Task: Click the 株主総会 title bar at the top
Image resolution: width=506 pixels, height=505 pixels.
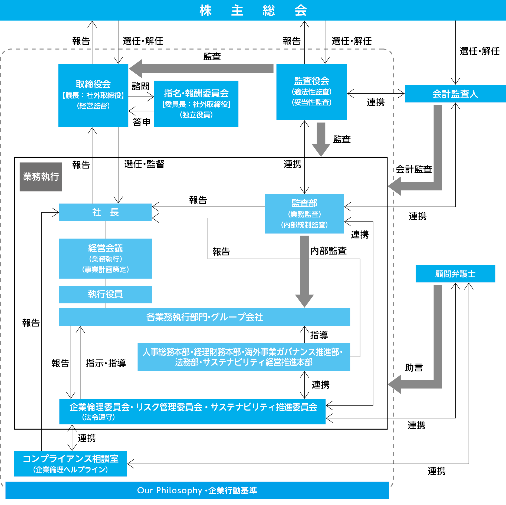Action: (253, 10)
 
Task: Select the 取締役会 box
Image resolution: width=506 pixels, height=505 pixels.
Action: (93, 95)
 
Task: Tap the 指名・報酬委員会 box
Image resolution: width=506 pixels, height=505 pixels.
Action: (196, 104)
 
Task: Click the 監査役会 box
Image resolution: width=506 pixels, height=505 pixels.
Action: (311, 92)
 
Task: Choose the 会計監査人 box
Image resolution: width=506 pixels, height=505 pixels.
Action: (455, 94)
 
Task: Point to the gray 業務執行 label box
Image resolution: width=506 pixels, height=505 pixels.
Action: (41, 177)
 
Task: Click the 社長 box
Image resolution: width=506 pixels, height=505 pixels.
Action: (105, 212)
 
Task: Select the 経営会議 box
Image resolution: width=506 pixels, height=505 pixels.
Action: (105, 258)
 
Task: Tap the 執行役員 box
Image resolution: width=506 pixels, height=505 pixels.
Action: (105, 294)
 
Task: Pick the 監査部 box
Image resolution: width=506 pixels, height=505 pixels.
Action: (304, 213)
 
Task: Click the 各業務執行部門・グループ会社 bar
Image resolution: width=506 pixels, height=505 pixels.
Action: (204, 317)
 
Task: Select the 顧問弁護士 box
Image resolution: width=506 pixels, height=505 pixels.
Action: (455, 274)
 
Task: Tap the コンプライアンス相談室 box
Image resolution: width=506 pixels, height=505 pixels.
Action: (70, 464)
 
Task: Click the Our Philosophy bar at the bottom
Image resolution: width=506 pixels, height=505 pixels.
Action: (197, 490)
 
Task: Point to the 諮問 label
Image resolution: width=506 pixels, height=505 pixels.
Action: (141, 86)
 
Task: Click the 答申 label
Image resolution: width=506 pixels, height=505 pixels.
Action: (142, 122)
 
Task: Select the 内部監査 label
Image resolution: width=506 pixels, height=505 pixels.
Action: (328, 251)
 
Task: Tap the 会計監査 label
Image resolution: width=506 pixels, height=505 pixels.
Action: (414, 169)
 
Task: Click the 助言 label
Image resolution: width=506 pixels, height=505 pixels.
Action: (414, 368)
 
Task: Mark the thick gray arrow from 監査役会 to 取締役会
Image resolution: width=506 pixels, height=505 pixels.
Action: (202, 69)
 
